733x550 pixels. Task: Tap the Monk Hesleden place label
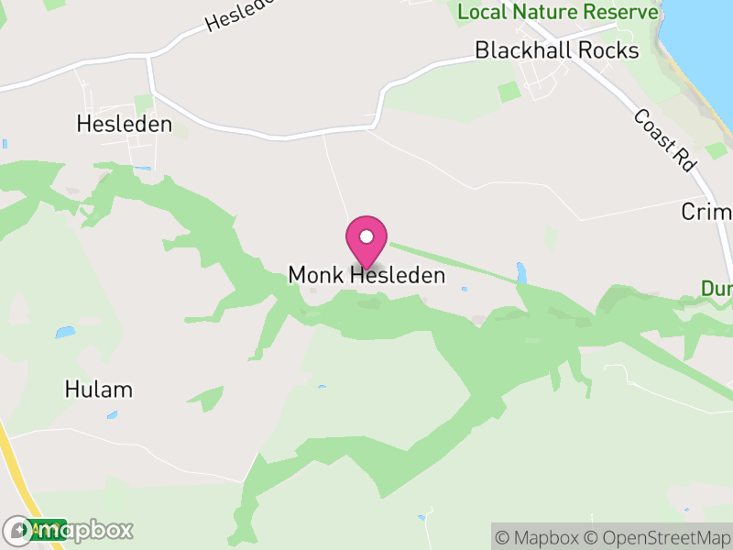[x=366, y=275]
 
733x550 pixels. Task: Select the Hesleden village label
[x=125, y=125]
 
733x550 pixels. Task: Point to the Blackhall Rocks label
[x=556, y=50]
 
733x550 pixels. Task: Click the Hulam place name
[x=98, y=390]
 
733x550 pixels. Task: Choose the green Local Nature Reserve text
[x=558, y=12]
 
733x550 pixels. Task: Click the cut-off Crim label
[x=707, y=213]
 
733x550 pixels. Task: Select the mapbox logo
[x=68, y=530]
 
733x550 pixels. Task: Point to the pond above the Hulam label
[x=64, y=332]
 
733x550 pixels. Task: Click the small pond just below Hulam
[x=112, y=415]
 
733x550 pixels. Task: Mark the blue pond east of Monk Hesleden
[x=521, y=272]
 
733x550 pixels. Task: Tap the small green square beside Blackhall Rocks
[x=508, y=92]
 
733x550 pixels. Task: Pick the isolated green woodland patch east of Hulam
[x=209, y=399]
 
